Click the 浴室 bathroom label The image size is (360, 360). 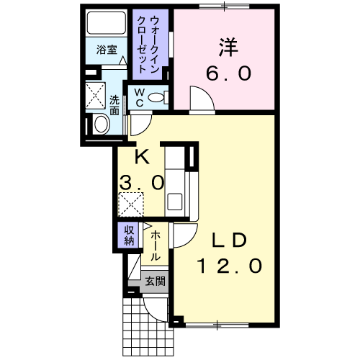point(107,50)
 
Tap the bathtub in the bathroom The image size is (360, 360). point(107,23)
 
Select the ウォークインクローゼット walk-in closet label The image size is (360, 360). point(148,45)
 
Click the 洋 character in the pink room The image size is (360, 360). point(228,48)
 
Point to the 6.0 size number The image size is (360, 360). point(229,73)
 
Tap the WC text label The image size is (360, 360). point(139,97)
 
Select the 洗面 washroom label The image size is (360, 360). point(114,105)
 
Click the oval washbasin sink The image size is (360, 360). point(102,124)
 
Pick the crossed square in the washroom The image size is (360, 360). point(96,96)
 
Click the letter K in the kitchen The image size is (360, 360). point(142,156)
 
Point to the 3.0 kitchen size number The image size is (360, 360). point(142,182)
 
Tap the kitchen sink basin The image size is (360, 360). point(174,202)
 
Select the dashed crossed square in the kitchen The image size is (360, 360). point(131,204)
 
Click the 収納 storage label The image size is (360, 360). point(129,235)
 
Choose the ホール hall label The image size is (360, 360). point(156,246)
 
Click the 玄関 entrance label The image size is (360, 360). point(155,281)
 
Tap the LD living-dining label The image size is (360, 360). point(229,240)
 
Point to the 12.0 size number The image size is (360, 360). point(229,266)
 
